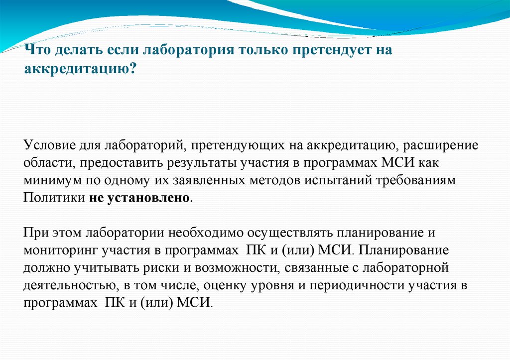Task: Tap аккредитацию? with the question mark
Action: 80,69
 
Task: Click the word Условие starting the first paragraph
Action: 48,145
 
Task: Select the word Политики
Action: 54,197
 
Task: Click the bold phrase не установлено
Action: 139,197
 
